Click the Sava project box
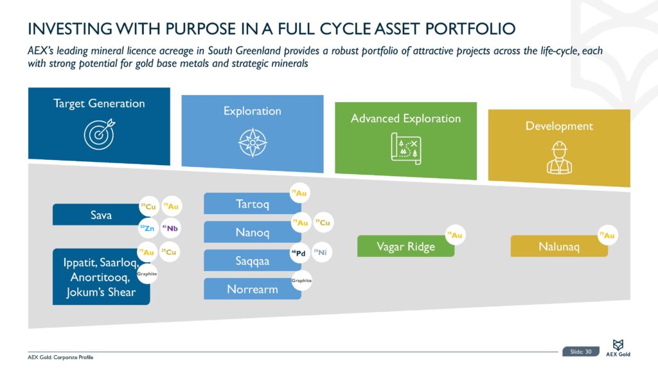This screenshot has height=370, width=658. click(100, 215)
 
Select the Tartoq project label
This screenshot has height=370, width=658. click(252, 204)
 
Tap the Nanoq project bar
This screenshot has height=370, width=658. click(252, 233)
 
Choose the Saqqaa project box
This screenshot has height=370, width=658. click(252, 261)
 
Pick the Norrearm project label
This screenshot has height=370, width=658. click(252, 289)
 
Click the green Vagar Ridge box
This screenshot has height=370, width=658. click(405, 247)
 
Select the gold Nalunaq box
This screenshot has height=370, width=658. click(558, 247)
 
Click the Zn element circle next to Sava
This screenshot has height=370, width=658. click(148, 227)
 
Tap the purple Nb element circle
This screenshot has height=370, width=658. click(170, 227)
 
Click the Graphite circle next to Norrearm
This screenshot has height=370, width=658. click(301, 280)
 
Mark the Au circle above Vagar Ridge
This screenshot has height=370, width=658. click(455, 236)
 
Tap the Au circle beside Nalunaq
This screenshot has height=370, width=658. click(607, 236)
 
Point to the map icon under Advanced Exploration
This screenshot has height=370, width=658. click(405, 147)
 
